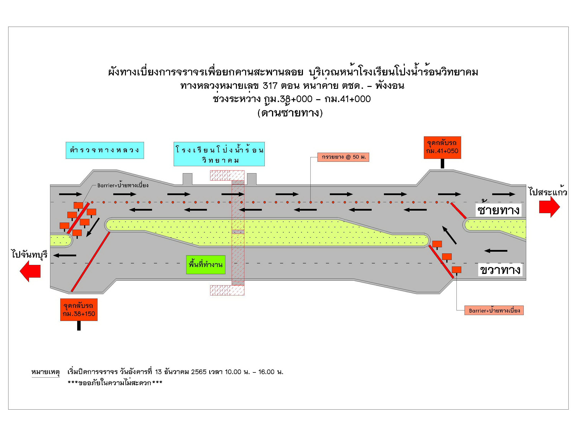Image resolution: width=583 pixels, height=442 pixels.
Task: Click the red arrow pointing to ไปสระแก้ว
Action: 549,207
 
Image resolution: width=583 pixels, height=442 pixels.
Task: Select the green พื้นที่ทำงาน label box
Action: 206,265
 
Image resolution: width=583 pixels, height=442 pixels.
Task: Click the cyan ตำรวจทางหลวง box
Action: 105,150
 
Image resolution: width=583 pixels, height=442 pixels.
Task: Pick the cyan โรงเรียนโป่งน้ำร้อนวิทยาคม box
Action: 219,154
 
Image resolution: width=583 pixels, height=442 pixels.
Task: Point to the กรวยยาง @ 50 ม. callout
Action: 343,157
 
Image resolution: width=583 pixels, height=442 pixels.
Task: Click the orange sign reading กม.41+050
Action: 442,148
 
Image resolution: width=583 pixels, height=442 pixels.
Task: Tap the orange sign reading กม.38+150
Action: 79,309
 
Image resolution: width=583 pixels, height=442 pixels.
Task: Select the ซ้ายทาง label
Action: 498,210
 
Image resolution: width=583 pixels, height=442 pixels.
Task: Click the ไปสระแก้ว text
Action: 548,192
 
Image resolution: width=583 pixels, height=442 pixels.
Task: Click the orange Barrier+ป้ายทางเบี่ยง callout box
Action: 494,310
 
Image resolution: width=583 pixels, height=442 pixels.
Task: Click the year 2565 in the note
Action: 198,372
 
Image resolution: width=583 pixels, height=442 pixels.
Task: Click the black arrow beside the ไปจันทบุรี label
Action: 65,255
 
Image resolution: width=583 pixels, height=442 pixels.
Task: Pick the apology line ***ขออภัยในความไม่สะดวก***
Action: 115,383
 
